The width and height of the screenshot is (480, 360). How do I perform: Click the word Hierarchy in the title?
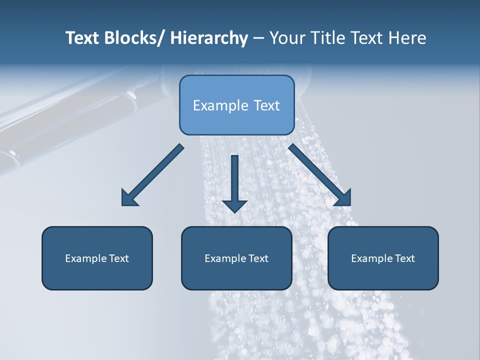click(209, 38)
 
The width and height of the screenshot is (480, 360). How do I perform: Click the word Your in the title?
click(287, 38)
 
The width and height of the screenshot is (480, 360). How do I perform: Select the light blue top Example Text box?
click(236, 105)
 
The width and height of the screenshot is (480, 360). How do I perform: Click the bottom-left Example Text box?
click(97, 258)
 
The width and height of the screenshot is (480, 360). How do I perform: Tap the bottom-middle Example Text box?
click(236, 258)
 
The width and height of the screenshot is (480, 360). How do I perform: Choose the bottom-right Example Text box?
click(383, 258)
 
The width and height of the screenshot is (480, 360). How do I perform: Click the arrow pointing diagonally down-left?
click(152, 175)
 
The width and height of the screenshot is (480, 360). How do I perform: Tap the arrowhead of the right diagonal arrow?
click(343, 198)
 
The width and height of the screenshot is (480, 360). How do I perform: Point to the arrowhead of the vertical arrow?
click(234, 206)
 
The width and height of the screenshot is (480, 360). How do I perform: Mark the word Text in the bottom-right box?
click(404, 258)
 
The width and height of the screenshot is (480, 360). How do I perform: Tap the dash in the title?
click(258, 38)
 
